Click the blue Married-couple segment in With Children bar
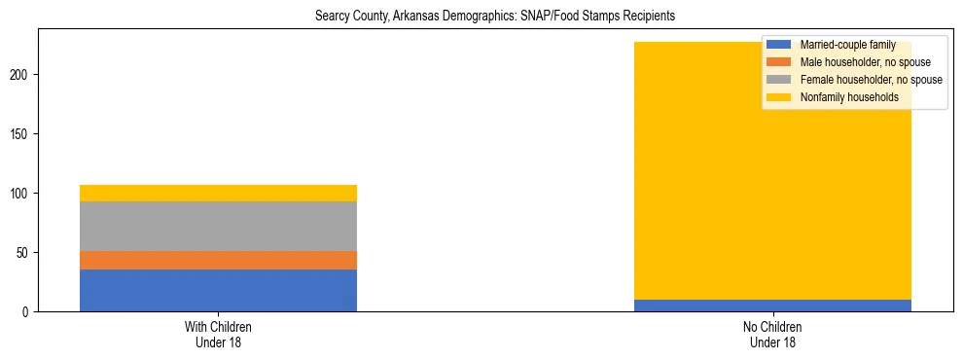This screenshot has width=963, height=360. click(218, 290)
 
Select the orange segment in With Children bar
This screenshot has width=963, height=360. click(218, 260)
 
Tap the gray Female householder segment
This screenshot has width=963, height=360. click(218, 226)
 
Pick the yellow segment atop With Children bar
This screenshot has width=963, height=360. click(218, 193)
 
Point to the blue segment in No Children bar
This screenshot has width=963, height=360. click(772, 306)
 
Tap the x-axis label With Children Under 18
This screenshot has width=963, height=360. click(218, 334)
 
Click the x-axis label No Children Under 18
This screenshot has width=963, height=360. click(772, 334)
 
